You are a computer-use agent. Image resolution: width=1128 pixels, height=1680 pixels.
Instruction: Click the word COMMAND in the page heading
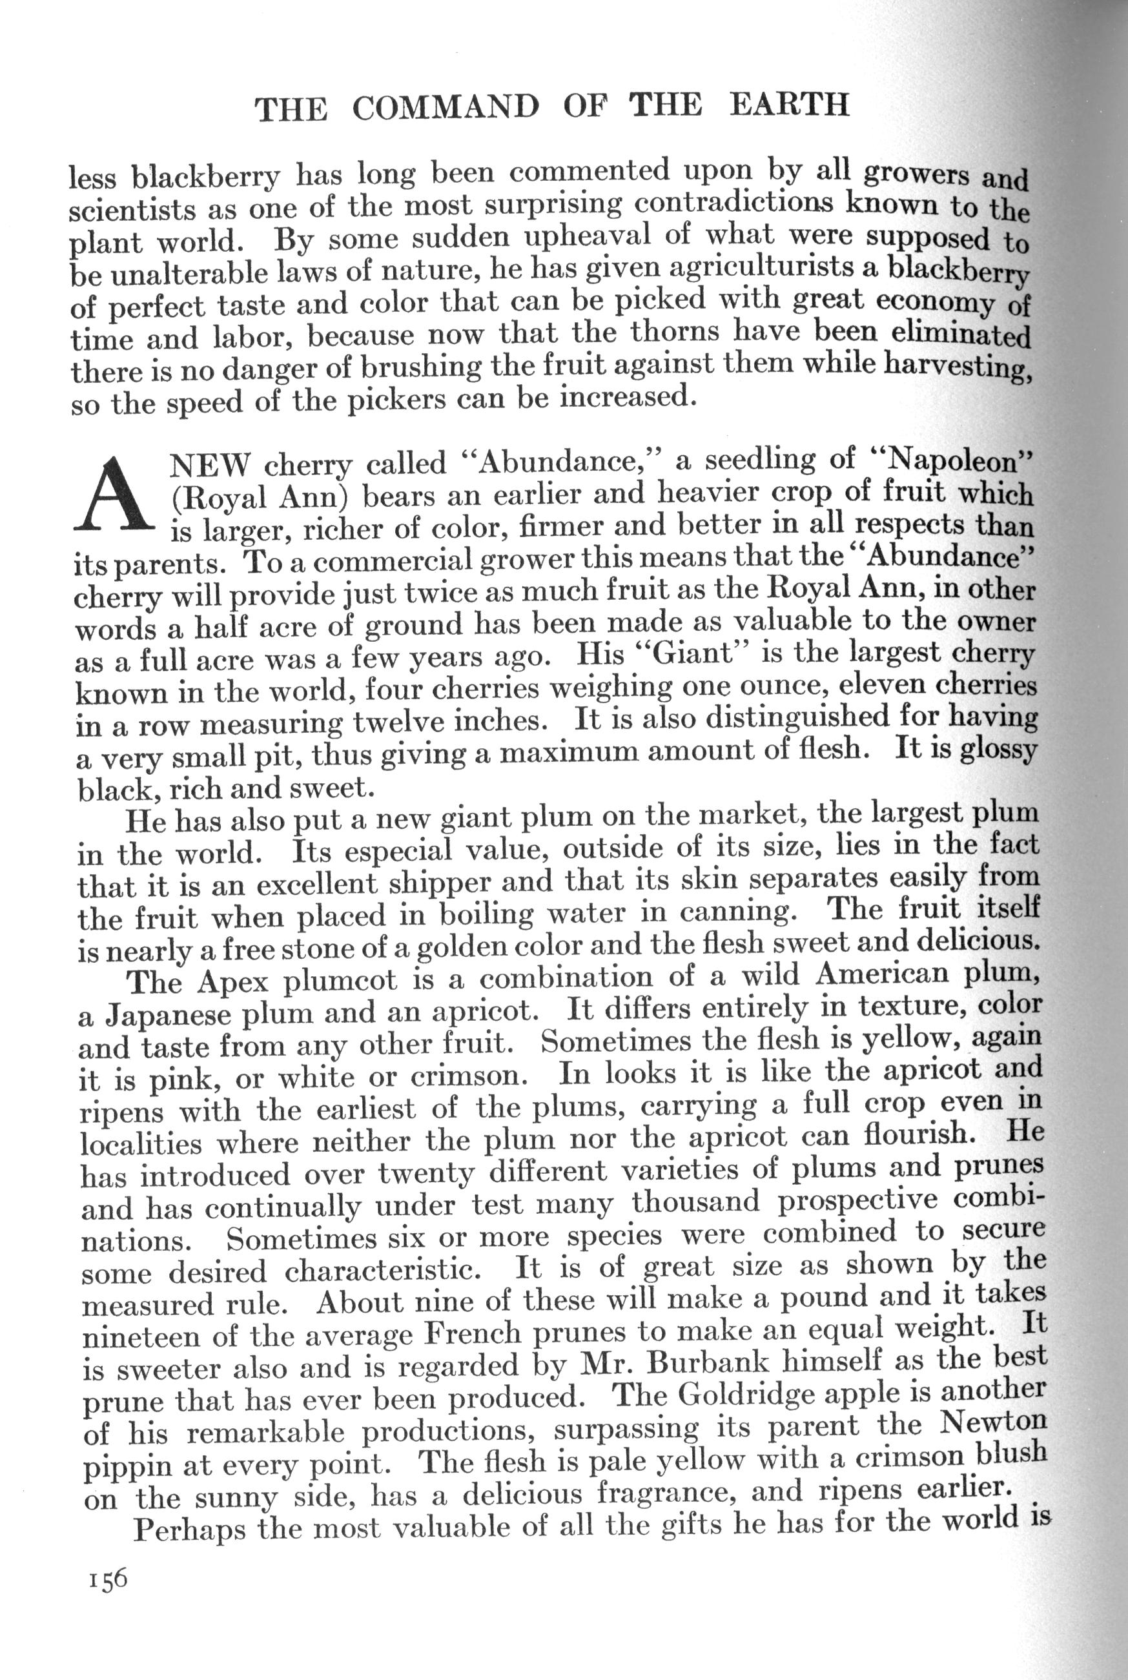click(x=446, y=108)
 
